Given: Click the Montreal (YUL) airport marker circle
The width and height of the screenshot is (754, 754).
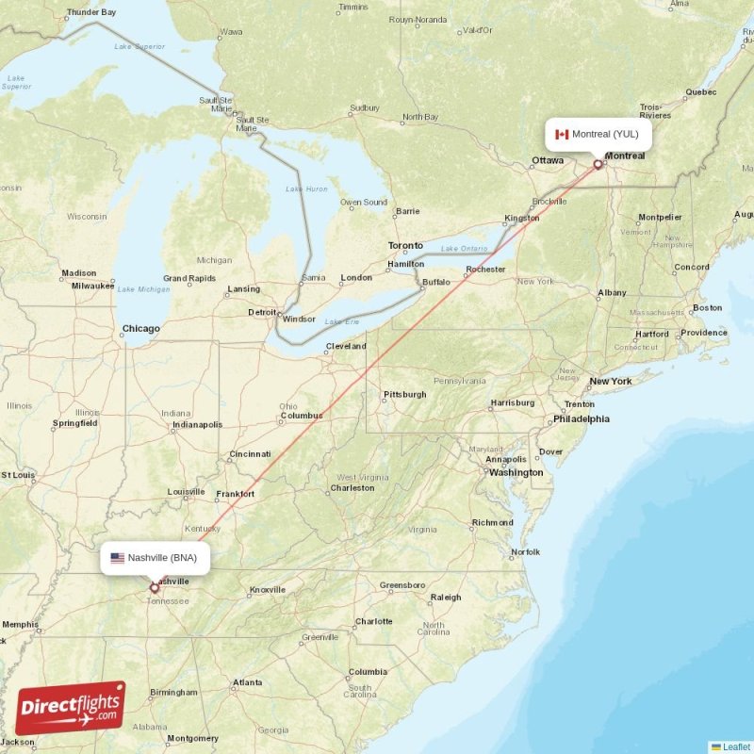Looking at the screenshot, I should pos(598,164).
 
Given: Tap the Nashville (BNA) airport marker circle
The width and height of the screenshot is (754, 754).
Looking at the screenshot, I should pos(155,588).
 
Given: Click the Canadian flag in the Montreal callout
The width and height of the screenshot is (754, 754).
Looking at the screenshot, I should pos(562,134).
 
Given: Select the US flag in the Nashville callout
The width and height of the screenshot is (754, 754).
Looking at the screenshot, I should pos(117,558).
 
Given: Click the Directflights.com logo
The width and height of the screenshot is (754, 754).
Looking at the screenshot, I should pos(70,708).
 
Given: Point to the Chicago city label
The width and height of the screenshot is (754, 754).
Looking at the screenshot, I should pos(140,329).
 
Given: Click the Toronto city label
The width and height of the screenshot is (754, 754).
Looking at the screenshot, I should pos(406,246).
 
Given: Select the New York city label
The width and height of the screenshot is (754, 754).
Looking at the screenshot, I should pos(610,382).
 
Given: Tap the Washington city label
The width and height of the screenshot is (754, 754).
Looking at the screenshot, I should pos(516,472).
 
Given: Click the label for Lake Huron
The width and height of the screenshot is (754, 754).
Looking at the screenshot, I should pos(307,188).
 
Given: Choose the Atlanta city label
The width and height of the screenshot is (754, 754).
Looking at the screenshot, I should pos(249,682).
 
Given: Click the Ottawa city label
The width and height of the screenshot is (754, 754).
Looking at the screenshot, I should pos(548,160).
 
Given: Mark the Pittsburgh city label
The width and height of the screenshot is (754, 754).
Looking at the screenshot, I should pos(405,394).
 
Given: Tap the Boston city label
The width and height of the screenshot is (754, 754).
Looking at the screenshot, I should pos(707,307).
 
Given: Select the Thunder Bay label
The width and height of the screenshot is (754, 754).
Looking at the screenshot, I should pos(91,12).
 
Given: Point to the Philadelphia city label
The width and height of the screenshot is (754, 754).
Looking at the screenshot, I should pos(581,418).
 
